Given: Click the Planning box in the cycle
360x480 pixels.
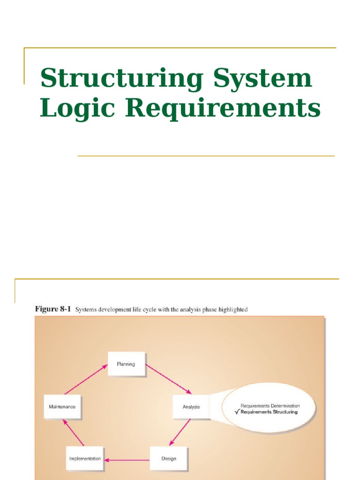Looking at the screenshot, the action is click(126, 364).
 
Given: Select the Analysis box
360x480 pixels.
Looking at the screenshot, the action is click(191, 406).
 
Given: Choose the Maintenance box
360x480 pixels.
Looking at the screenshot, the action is click(62, 406).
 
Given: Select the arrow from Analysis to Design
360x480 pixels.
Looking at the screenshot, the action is click(180, 431).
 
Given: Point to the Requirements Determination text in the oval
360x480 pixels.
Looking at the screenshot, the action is click(270, 406).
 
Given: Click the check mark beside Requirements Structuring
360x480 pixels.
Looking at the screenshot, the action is click(236, 412).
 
